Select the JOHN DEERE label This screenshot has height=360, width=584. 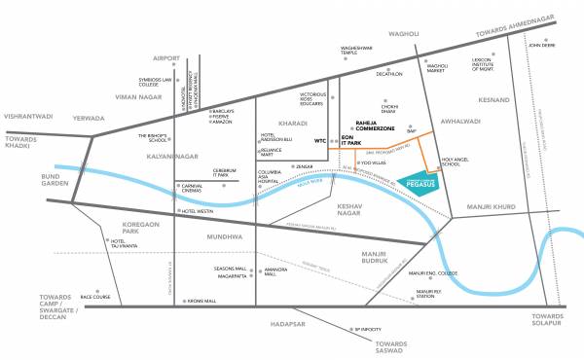point(541,44)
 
